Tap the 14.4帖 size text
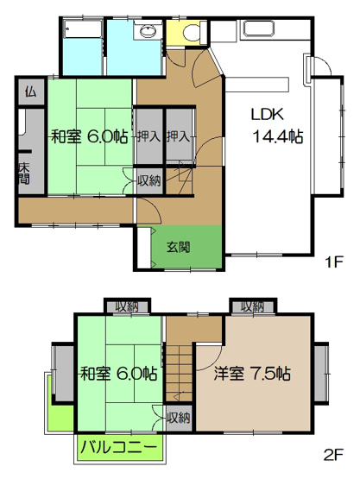point(277,136)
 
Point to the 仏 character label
point(30,91)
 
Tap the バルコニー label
point(119,447)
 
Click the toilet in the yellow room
point(191,32)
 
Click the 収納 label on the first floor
point(148,180)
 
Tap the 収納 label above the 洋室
point(253,306)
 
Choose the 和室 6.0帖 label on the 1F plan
point(89,136)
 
